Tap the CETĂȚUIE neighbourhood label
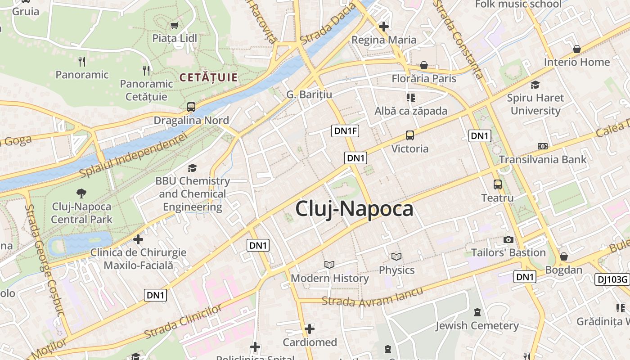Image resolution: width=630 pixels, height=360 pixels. tap(208, 77)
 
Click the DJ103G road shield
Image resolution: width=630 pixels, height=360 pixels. tap(612, 279)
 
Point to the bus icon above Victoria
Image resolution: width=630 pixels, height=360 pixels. tap(409, 135)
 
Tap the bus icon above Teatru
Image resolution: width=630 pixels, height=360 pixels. tap(497, 184)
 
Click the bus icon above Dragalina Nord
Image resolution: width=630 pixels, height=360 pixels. tap(191, 107)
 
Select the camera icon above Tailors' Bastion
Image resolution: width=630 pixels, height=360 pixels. tap(508, 239)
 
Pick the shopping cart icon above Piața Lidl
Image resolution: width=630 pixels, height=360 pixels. tap(175, 25)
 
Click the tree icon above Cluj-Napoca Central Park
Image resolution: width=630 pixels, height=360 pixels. tap(81, 193)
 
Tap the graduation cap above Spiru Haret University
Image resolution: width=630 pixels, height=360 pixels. tap(535, 85)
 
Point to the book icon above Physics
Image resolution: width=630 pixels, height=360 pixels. tap(396, 257)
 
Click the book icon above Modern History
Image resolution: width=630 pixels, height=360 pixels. tap(329, 265)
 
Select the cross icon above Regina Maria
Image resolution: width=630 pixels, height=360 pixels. tap(383, 27)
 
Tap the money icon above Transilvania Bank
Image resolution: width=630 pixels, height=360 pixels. tap(543, 146)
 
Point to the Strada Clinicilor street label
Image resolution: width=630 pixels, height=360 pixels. tap(183, 322)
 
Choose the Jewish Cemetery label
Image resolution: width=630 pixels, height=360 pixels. tap(477, 325)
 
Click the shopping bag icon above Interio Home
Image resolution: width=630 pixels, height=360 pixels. tap(576, 49)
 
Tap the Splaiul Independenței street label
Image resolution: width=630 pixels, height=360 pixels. tap(133, 154)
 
